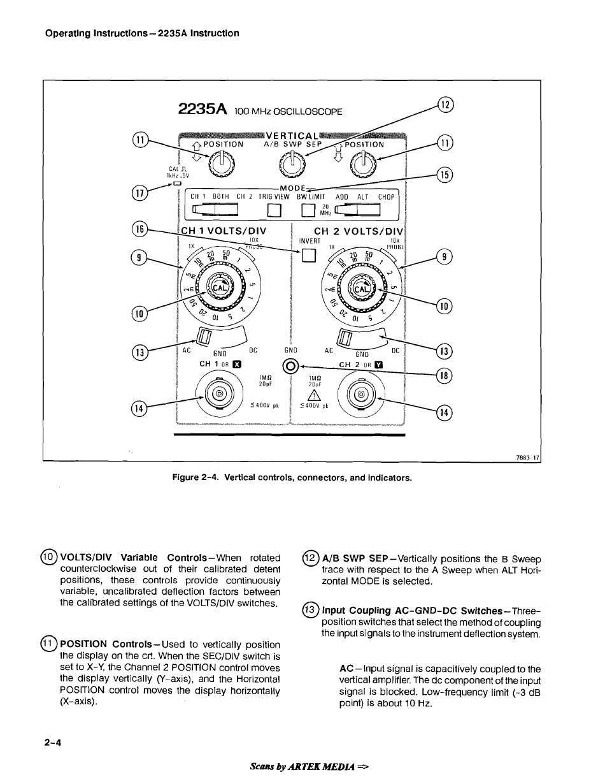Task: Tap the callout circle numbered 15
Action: tap(445, 173)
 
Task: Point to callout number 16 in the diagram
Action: tap(139, 229)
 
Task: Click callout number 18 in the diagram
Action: tap(445, 375)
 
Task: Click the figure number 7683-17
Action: tap(527, 457)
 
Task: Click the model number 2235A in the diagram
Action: tap(203, 109)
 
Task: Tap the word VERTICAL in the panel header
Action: tap(292, 135)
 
